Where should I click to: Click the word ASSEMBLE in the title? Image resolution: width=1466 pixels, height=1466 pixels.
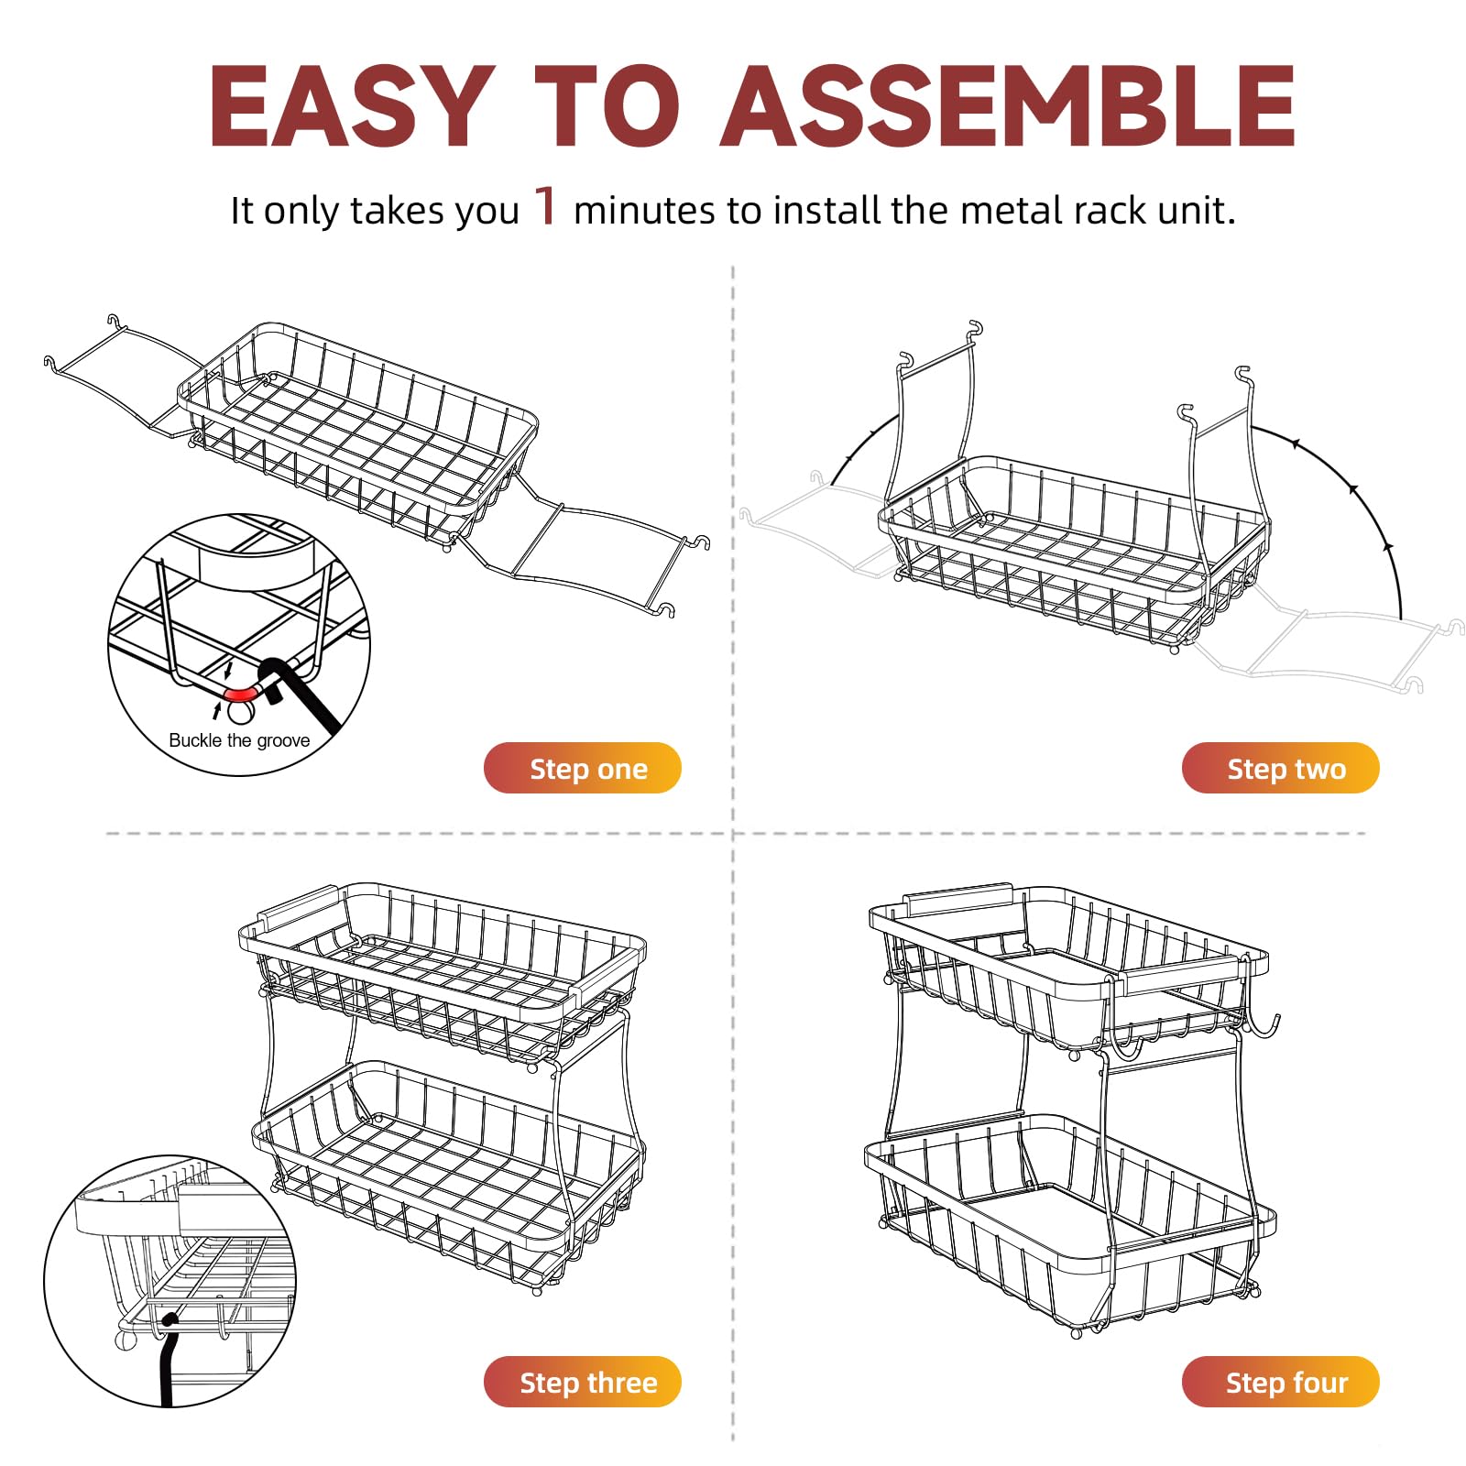coord(1008,107)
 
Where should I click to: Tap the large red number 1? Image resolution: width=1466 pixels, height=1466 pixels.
coord(546,205)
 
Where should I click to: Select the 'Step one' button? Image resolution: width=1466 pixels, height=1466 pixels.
coord(583,768)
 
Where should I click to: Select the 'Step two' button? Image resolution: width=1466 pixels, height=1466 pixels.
coord(1280,768)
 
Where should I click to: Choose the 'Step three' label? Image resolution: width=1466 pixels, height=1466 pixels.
coord(583,1382)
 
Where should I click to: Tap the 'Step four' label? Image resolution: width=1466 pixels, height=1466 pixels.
coord(1280,1382)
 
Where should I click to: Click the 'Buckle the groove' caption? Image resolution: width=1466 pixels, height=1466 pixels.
coord(239,740)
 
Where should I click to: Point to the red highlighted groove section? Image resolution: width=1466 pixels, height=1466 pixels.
coord(240,694)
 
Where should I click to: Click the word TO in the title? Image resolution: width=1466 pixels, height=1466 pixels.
coord(607,107)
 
